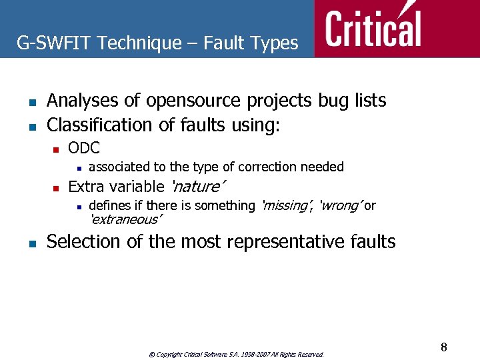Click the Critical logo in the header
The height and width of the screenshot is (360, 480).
pos(373,28)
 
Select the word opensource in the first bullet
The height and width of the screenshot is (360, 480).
pos(194,101)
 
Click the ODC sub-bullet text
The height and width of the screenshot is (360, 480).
pos(84,148)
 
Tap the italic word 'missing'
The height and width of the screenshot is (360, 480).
pos(286,205)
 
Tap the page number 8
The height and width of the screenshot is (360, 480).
pos(443,347)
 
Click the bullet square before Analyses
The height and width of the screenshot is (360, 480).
pos(31,102)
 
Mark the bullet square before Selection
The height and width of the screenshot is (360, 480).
pos(31,243)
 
